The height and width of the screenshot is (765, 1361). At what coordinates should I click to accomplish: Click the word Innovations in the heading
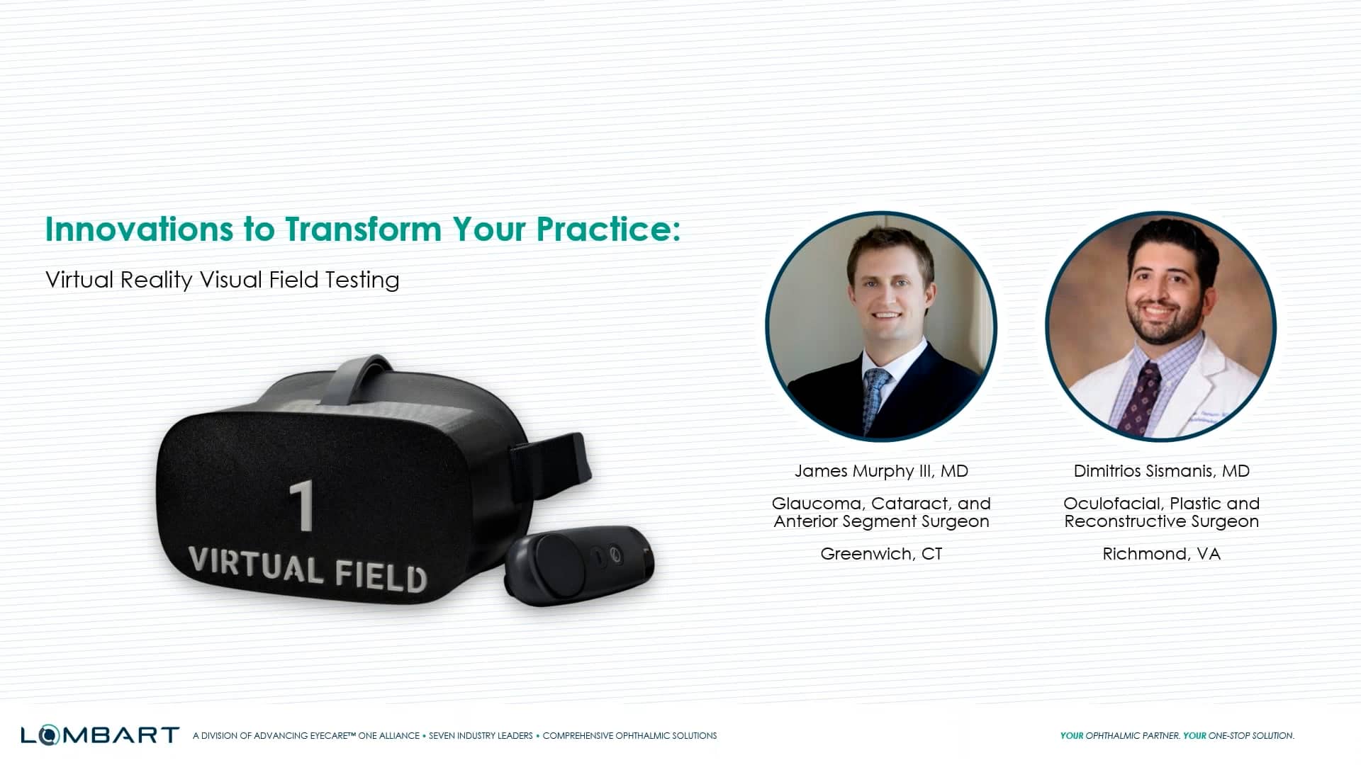[x=139, y=229]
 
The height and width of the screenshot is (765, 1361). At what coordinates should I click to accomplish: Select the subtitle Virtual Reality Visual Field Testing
[x=222, y=280]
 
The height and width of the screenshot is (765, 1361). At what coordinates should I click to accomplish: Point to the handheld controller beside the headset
[x=578, y=565]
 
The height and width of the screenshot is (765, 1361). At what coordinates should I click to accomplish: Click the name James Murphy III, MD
[x=881, y=471]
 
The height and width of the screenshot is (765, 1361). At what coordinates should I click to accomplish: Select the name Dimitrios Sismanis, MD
[x=1161, y=471]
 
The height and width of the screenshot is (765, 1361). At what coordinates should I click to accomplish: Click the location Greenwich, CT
[x=881, y=554]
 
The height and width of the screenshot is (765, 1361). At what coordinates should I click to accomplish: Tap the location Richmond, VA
[x=1161, y=554]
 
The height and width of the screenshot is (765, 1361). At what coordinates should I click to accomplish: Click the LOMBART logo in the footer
[x=99, y=735]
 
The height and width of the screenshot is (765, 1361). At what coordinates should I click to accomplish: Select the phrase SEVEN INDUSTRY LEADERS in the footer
[x=481, y=736]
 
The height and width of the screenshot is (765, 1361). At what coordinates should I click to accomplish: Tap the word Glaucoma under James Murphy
[x=817, y=504]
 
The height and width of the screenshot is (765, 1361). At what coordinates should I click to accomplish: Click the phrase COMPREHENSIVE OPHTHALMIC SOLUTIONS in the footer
[x=629, y=736]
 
